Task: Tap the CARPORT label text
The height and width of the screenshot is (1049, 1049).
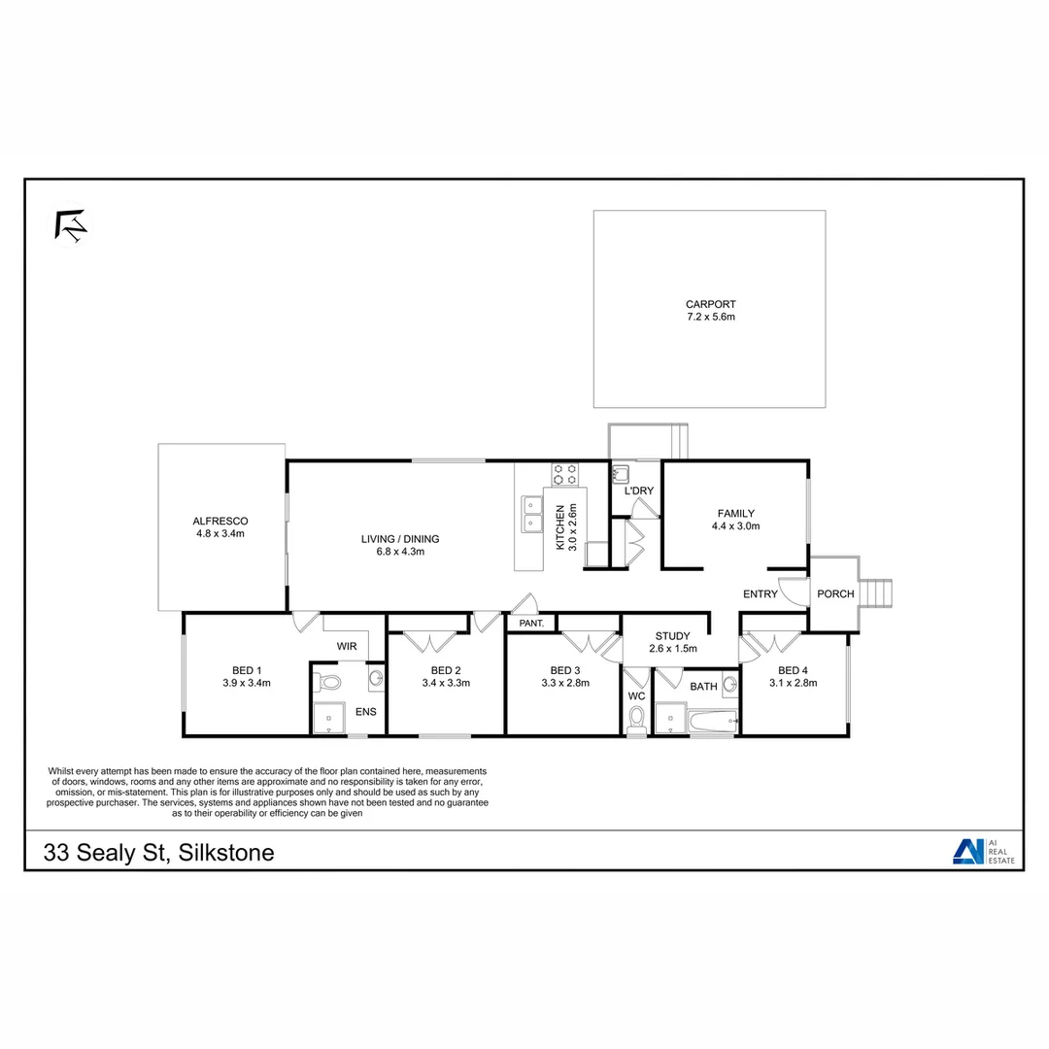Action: point(710,304)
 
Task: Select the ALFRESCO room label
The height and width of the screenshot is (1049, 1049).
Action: point(220,521)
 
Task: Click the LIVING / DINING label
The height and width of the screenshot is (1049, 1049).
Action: point(400,539)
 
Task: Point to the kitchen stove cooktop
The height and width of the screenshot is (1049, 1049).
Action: point(564,474)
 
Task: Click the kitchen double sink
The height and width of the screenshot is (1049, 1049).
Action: point(531,514)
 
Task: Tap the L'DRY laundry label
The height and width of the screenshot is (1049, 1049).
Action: point(639,491)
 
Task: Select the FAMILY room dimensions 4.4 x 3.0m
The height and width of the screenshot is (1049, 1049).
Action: point(735,525)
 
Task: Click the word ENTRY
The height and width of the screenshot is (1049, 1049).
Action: point(761,594)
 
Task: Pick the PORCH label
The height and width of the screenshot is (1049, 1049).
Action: point(835,594)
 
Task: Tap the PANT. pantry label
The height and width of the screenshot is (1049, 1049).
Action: point(530,624)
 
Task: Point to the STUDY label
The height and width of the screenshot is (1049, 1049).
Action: point(672,636)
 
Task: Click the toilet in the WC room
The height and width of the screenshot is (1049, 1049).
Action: point(637,718)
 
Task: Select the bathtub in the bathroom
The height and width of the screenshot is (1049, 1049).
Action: point(712,721)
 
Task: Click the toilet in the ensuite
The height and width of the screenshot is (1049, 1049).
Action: point(327,682)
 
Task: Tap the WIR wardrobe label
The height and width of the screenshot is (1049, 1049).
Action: point(347,646)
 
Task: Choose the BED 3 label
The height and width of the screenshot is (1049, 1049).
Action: point(564,670)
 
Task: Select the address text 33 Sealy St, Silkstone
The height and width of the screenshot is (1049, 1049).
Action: point(159,853)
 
